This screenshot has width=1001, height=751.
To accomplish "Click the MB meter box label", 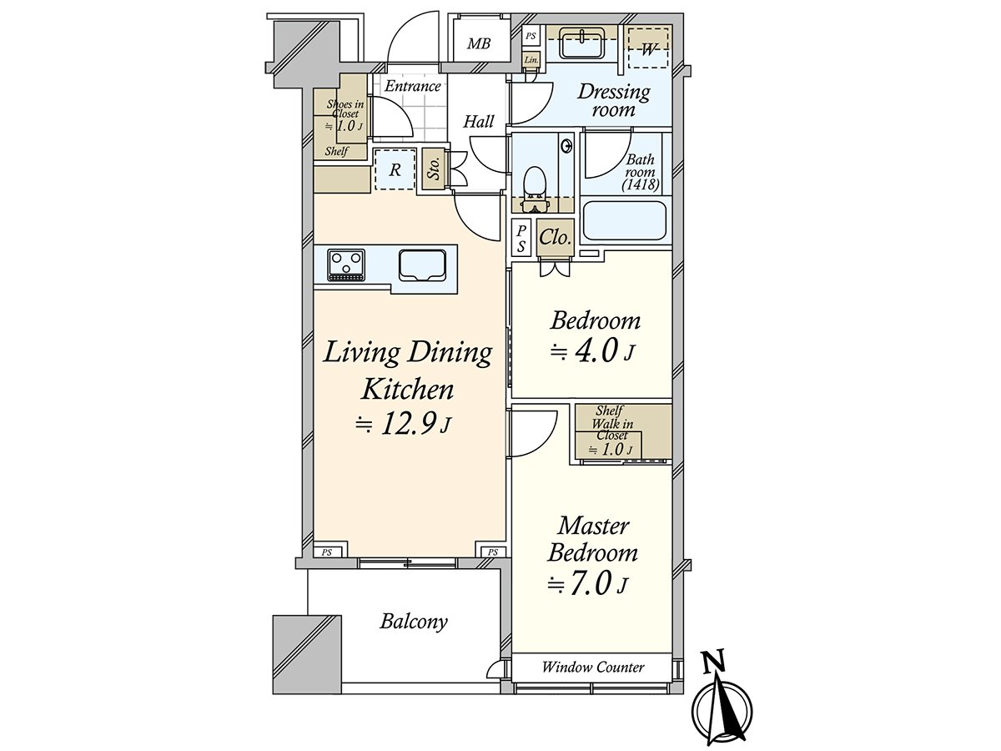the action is [x=479, y=43].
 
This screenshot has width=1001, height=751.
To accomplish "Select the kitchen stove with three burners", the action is [x=346, y=265].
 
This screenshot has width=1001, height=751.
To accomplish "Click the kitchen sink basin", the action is [x=422, y=265].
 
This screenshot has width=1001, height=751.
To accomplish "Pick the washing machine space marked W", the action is [x=648, y=48].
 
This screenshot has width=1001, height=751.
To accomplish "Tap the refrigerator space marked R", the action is [x=395, y=169].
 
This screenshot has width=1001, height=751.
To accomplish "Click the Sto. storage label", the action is [x=434, y=169].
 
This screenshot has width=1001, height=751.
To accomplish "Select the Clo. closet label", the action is [x=555, y=238].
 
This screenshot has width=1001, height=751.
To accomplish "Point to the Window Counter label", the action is [x=593, y=668].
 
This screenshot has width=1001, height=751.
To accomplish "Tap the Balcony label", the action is [x=414, y=622].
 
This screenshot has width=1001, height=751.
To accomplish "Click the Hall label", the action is [x=478, y=121].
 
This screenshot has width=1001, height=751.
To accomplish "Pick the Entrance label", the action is [x=412, y=86].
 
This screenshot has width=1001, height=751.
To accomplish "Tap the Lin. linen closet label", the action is [x=531, y=60].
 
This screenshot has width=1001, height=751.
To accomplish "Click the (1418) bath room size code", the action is [x=641, y=185].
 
